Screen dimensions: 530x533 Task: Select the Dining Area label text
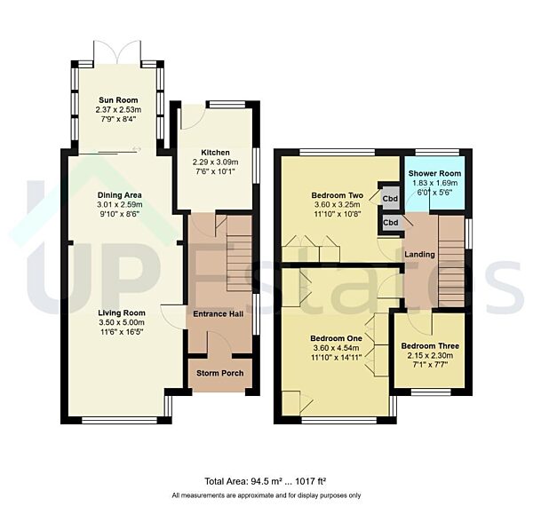pyautogui.click(x=120, y=194)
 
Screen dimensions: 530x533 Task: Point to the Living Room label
pyautogui.click(x=122, y=312)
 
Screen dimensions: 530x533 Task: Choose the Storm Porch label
pyautogui.click(x=220, y=373)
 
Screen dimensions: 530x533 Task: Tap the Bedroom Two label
pyautogui.click(x=333, y=195)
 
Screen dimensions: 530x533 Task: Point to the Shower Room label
pyautogui.click(x=435, y=173)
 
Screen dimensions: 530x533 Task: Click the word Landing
pyautogui.click(x=419, y=255)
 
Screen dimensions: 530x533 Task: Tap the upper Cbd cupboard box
pyautogui.click(x=389, y=197)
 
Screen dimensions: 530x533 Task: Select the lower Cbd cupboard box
pyautogui.click(x=389, y=222)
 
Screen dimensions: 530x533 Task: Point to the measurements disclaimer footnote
pyautogui.click(x=266, y=495)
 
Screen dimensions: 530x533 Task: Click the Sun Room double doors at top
pyautogui.click(x=117, y=51)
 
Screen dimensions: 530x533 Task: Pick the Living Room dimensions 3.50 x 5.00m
pyautogui.click(x=122, y=322)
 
